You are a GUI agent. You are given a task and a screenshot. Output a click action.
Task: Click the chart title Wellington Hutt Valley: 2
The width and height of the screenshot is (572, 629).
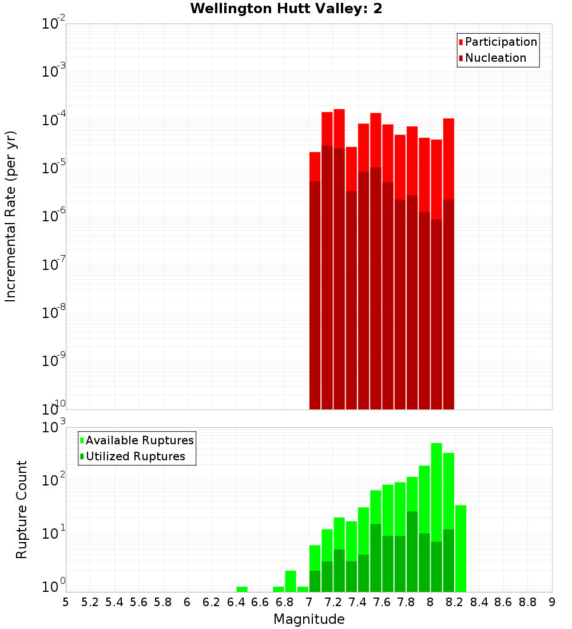(x=286, y=9)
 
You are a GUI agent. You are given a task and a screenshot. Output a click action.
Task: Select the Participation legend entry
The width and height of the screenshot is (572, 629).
(x=500, y=42)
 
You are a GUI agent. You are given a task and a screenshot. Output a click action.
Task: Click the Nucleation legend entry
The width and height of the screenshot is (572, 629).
(x=495, y=58)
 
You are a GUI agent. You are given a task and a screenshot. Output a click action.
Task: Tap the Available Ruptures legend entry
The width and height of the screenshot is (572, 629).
(x=139, y=440)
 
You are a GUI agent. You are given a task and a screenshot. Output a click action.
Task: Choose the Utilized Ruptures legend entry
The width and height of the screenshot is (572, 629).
(x=135, y=456)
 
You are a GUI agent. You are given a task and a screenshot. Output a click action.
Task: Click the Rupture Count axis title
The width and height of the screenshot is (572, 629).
(x=22, y=509)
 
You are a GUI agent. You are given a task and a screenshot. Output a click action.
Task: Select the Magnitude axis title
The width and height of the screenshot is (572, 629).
(x=309, y=619)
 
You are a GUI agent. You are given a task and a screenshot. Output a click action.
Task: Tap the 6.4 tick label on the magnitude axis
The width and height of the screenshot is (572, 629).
(x=236, y=602)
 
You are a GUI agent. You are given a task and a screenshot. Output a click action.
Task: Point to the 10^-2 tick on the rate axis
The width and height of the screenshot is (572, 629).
(x=54, y=24)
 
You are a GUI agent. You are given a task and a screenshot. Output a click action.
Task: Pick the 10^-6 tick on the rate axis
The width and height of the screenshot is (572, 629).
(x=54, y=217)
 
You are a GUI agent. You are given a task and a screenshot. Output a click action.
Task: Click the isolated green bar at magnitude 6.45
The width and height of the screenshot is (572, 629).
(x=242, y=589)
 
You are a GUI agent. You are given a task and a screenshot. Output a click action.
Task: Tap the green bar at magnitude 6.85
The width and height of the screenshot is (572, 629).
(x=291, y=580)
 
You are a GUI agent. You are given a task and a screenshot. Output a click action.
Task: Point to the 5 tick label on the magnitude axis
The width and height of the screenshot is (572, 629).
(x=65, y=602)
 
